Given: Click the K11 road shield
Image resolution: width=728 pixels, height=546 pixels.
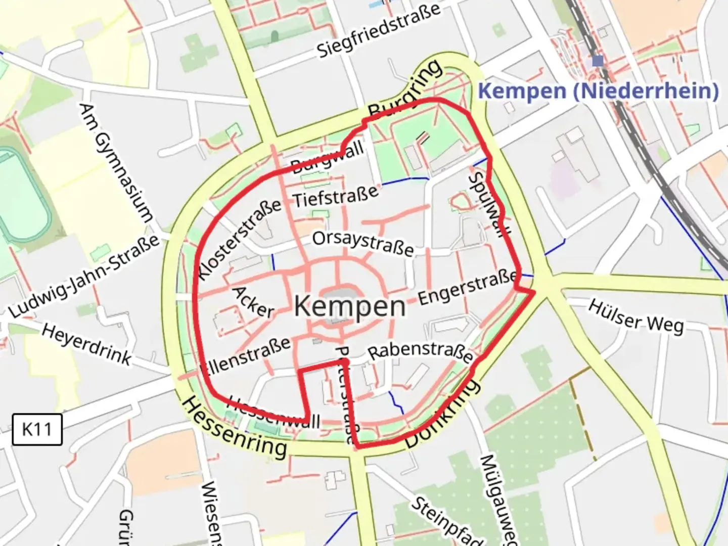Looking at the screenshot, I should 37,429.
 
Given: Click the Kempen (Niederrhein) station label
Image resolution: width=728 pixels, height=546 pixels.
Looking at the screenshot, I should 598,91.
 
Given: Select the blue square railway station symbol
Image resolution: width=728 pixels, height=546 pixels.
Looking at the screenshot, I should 598,61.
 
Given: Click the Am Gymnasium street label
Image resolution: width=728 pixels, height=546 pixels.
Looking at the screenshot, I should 116,163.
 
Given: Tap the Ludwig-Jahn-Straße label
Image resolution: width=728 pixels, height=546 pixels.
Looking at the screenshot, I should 84,277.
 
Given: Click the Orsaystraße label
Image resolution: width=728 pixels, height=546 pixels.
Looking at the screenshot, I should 363,243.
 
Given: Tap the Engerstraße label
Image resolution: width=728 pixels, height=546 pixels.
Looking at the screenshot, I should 468,288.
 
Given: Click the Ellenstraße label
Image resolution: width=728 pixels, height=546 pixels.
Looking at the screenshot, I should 246,356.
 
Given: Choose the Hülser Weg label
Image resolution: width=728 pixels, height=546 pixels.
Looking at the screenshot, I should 636,316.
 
